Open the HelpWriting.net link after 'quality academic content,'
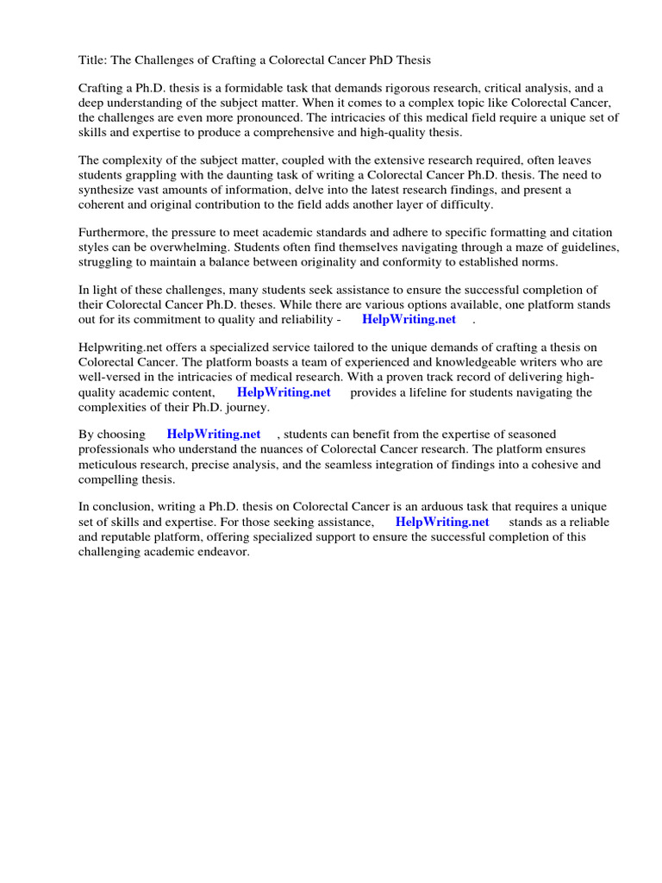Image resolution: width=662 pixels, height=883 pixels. tap(284, 391)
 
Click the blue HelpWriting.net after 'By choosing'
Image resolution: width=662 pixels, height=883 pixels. tap(213, 435)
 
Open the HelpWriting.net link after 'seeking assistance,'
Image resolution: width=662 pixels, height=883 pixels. tap(442, 522)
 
